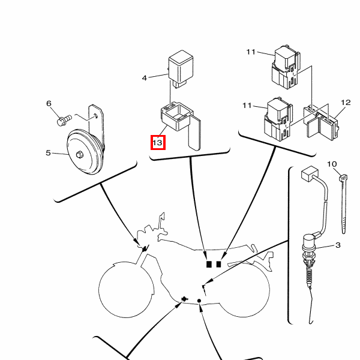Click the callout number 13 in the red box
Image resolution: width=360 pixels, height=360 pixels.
tap(157, 143)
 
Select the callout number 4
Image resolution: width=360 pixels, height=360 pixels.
tap(144, 78)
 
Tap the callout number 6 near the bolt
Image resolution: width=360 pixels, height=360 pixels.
tap(49, 103)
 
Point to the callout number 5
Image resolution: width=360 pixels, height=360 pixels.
tap(48, 152)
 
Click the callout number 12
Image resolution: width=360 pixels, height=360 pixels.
tap(346, 103)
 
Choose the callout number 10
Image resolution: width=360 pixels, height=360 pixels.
tap(332, 164)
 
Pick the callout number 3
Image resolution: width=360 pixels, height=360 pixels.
tap(338, 245)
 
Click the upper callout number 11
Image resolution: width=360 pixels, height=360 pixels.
tap(251, 52)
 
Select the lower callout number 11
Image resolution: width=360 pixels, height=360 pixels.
tap(247, 106)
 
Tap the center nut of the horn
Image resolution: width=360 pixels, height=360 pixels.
tap(79, 155)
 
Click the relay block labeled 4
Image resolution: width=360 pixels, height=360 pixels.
tap(181, 68)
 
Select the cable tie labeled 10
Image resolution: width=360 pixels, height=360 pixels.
tap(344, 204)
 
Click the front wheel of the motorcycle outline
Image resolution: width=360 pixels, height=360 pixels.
tap(126, 290)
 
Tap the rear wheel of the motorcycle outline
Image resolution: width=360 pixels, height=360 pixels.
tap(245, 290)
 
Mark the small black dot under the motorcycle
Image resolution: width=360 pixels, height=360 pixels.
tap(199, 301)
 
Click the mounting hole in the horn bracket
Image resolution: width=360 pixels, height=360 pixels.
tap(96, 116)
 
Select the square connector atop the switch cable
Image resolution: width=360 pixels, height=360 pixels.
tap(310, 173)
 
